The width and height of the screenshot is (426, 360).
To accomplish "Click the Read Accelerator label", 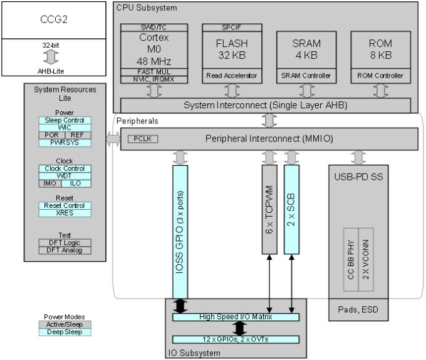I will point(232,76).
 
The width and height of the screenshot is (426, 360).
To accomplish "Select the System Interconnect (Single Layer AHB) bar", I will point(266,105).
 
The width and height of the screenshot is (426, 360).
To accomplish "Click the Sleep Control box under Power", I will point(65,120).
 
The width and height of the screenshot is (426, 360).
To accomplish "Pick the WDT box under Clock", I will point(65,176).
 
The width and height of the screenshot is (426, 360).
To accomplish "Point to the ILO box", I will point(76,183).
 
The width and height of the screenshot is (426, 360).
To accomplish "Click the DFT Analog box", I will point(65,250).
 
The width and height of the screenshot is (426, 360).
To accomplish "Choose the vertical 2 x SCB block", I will point(291,209).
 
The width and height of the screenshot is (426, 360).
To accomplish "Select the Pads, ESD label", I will point(358,309).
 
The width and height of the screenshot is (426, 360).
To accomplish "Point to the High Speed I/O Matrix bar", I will point(236,317).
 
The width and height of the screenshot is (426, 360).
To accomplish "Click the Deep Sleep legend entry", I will point(65,332).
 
